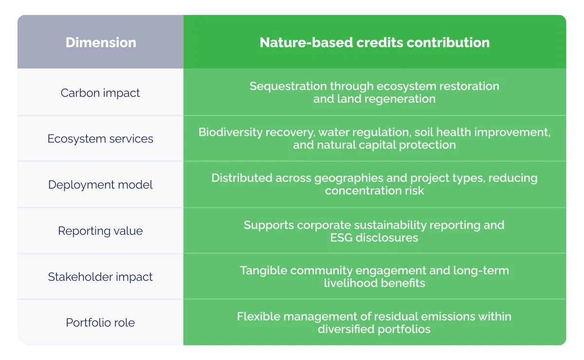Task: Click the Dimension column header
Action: [x=101, y=42]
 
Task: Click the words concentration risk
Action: [x=374, y=190]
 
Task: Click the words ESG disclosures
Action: [x=374, y=238]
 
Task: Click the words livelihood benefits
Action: [x=374, y=283]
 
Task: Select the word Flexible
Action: [x=255, y=316]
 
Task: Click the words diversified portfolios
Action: [x=374, y=329]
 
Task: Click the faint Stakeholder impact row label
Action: [x=100, y=276]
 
